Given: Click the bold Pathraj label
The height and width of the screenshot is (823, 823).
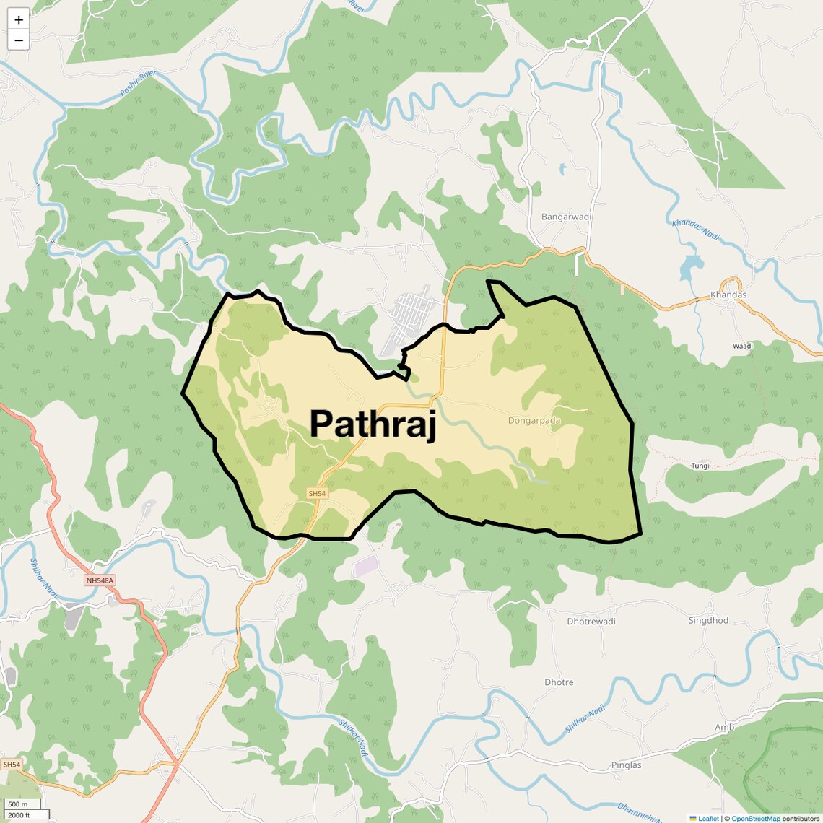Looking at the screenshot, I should pos(373,424).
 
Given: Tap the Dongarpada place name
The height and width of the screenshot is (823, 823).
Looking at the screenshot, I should pos(534,420).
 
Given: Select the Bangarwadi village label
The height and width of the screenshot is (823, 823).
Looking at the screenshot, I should pos(566,217).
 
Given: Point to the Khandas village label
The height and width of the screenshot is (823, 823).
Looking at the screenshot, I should pos(728,295).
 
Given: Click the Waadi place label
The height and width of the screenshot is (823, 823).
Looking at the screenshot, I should pos(742,347).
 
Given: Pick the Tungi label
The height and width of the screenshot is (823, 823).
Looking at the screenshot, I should pos(700,466).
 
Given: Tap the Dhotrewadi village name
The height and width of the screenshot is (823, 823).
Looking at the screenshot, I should pos(591,621).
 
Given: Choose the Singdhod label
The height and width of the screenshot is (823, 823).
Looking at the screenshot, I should pos(708,620).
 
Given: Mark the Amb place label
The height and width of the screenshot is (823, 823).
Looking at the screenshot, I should pos(724,727).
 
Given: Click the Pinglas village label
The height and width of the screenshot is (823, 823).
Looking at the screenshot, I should pos(626,765).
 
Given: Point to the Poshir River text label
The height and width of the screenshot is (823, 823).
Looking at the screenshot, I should pos(138,85).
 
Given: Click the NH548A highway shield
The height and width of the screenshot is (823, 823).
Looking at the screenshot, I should pos(100,580).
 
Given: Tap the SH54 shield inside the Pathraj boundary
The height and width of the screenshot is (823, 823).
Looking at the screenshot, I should pos(317,494).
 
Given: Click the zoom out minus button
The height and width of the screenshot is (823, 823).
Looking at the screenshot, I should pos(19,40).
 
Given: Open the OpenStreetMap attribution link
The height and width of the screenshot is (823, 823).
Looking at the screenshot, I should pos(756,819).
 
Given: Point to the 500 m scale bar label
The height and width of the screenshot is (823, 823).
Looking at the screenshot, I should pos(17,804).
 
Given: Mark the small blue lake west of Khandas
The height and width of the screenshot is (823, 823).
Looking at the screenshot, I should pos(691,269).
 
